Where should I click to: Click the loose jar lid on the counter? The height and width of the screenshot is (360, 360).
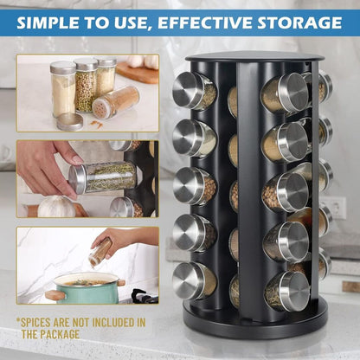(x=70, y=121)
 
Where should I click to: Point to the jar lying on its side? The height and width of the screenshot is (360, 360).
(x=114, y=101)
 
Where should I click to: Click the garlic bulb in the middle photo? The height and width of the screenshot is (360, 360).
(x=57, y=206)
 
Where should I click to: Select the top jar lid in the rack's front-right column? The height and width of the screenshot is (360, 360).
(x=292, y=93)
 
